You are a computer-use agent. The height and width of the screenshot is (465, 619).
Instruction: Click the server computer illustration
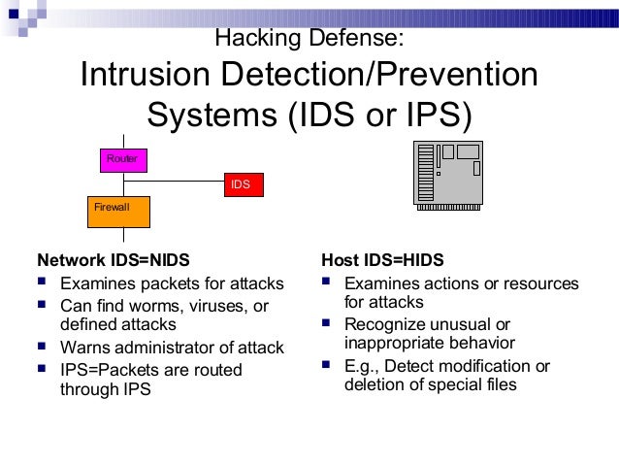(x=447, y=172)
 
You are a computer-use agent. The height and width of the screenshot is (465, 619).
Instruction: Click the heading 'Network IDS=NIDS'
(x=114, y=260)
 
